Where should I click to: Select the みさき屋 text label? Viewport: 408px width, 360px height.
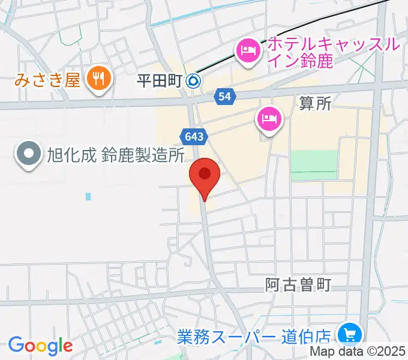click(48, 79)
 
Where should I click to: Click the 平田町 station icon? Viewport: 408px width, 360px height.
click(193, 79)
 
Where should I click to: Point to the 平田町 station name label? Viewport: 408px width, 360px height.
click(160, 79)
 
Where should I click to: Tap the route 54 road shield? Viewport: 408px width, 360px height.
click(224, 96)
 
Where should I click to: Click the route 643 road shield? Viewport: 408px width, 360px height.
click(193, 137)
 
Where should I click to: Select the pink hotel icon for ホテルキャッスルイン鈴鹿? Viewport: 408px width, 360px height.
click(247, 50)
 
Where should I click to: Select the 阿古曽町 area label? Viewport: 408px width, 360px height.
click(298, 284)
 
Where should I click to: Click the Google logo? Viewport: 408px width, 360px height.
click(40, 346)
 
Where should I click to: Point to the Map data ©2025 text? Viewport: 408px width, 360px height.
click(358, 352)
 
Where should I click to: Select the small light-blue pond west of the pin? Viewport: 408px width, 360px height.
click(88, 196)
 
